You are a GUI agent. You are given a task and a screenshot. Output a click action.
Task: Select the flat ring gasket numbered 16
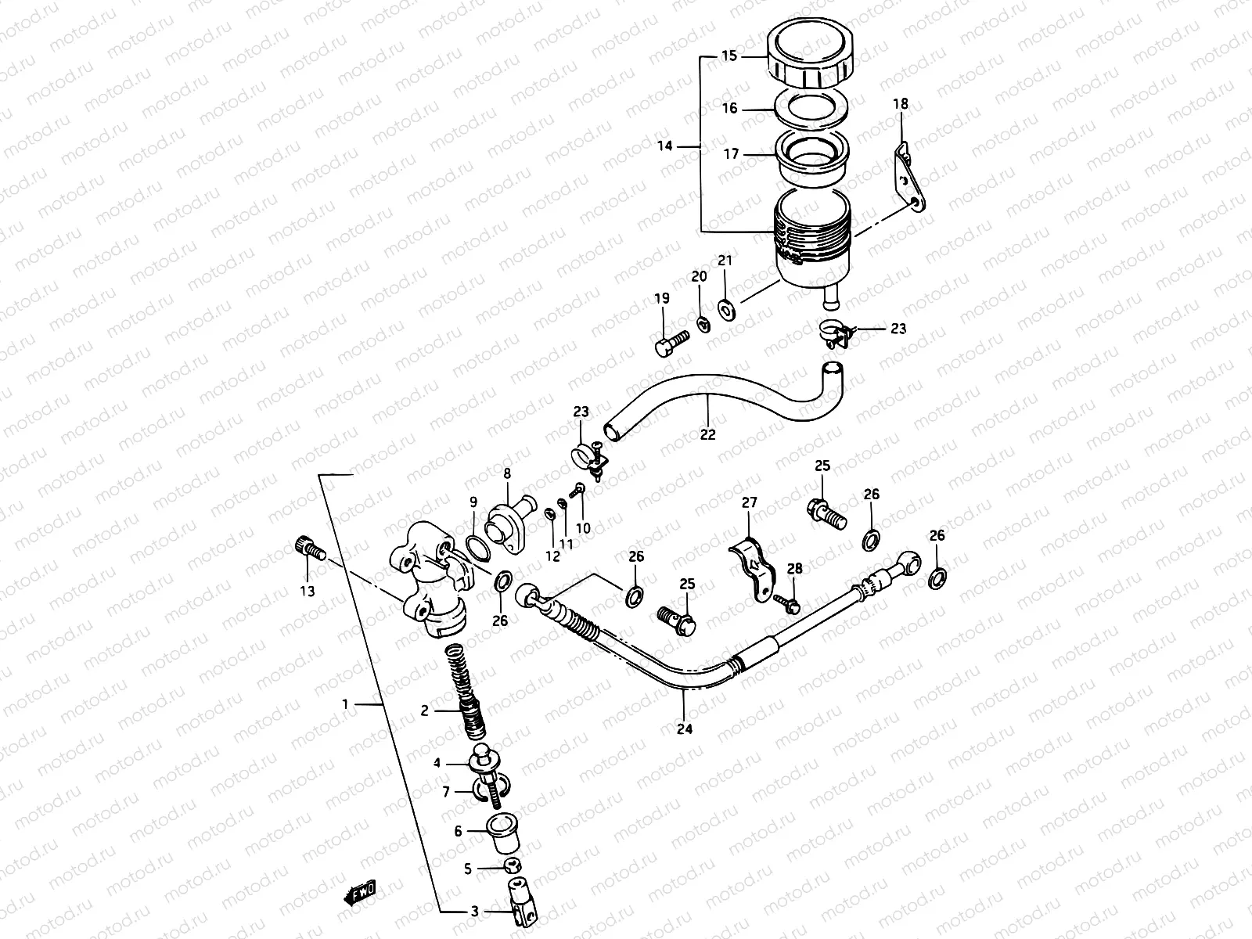point(810,108)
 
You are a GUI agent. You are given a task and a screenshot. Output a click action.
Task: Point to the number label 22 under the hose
point(707,435)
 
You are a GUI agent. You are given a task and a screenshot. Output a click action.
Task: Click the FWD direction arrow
point(359,891)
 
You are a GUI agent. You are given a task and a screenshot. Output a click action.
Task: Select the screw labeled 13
point(309,549)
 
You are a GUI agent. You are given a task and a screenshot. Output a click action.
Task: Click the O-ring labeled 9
point(477,549)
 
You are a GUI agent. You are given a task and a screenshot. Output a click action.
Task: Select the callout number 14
point(665,146)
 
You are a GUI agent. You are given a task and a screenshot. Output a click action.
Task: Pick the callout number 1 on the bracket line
point(345,705)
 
